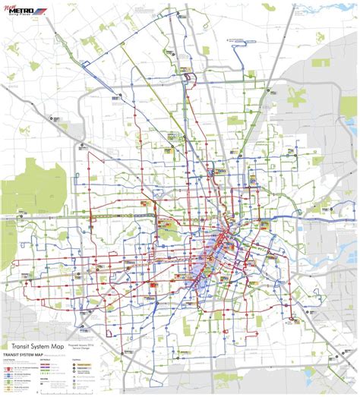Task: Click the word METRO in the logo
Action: point(23,12)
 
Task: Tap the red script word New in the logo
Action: point(11,6)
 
